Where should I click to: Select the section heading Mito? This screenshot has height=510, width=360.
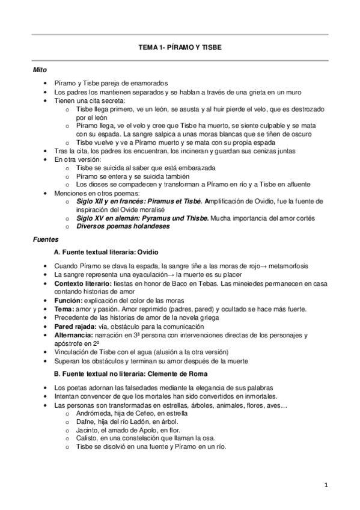click(x=40, y=69)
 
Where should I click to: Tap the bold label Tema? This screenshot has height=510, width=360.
click(x=64, y=309)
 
